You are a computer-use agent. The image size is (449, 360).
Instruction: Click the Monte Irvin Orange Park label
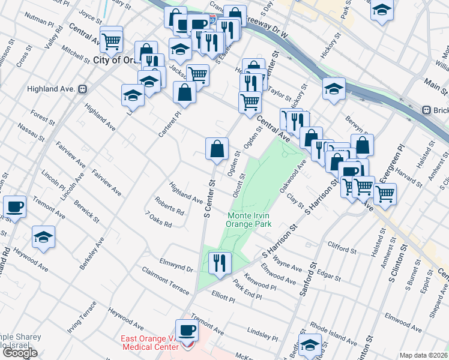[249, 220]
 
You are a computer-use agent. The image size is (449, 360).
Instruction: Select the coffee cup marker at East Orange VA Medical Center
[187, 331]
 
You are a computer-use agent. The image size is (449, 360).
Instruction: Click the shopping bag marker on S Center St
[217, 148]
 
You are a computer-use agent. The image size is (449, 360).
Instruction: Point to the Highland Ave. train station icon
[83, 89]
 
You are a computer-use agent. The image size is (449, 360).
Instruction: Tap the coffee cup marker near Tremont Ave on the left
[15, 206]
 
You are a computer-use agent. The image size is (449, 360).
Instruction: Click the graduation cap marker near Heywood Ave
[43, 237]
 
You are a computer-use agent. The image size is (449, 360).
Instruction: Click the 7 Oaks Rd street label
[158, 220]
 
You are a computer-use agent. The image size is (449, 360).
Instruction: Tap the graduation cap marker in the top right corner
[382, 10]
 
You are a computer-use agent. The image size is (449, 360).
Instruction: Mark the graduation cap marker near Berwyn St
[334, 89]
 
